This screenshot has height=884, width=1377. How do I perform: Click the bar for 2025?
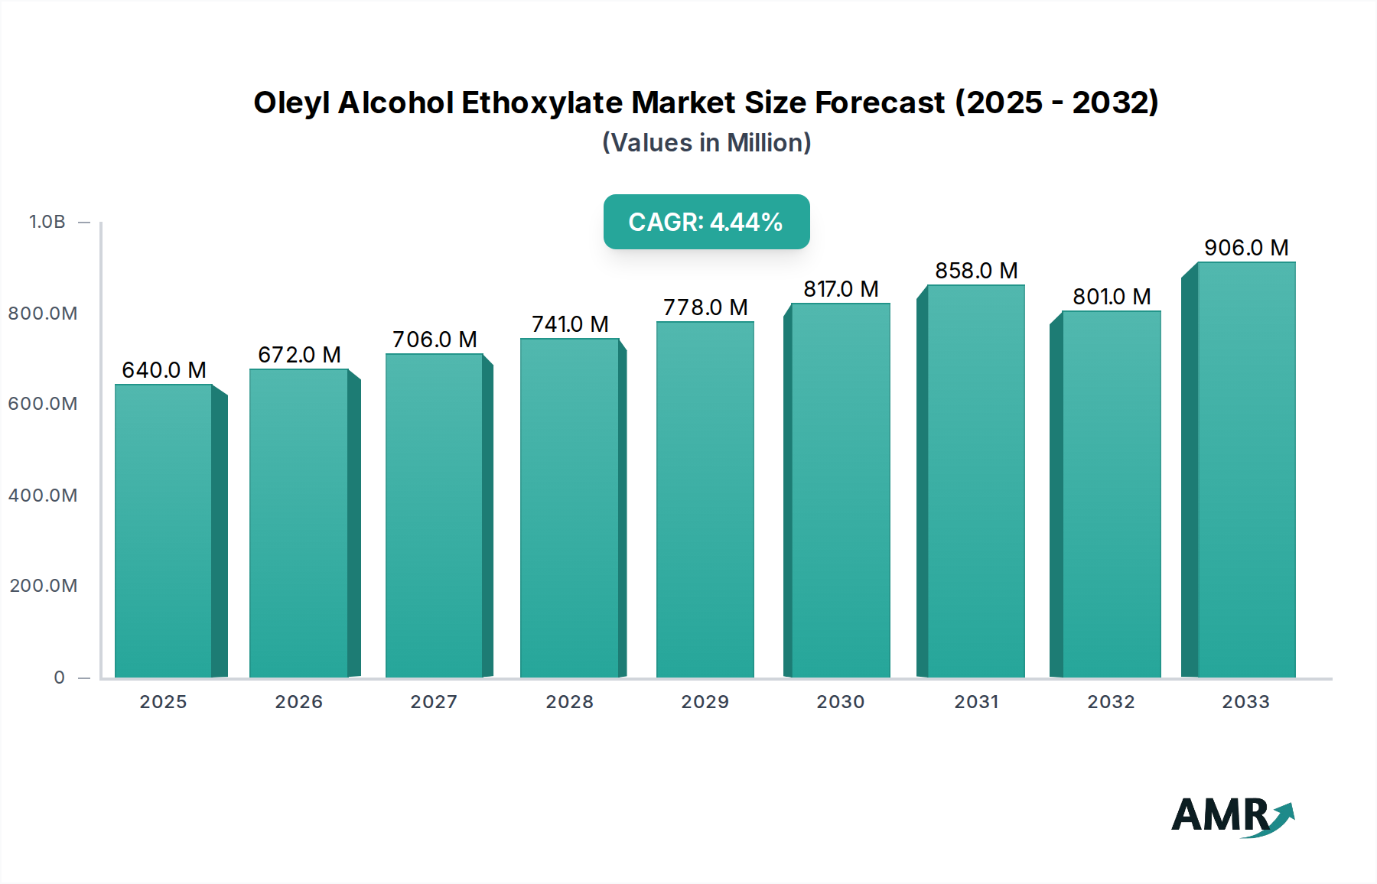coord(163,531)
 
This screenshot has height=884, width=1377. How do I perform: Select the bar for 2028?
coord(569,508)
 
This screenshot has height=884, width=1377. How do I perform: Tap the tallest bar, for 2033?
coord(1245,470)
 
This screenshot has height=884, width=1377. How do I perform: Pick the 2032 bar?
coord(1111,494)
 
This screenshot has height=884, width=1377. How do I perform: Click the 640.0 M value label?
coord(164,370)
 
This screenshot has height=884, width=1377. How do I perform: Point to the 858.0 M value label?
coord(976,271)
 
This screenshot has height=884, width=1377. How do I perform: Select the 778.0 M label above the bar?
coord(705,307)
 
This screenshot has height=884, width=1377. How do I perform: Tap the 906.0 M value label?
coord(1246,248)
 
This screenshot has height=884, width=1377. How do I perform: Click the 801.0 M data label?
coord(1112,297)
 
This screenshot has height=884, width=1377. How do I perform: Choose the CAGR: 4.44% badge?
coord(706,222)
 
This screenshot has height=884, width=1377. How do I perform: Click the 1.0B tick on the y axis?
coord(47,222)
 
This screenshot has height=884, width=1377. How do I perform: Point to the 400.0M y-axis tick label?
coord(43,496)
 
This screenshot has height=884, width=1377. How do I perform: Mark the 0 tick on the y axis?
coord(60,678)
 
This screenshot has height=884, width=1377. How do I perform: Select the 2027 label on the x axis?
coord(434,702)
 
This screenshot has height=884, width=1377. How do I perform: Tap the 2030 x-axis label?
coord(840,702)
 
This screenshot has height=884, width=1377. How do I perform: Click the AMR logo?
coord(1232,816)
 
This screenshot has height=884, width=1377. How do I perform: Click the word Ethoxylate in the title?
coord(542,102)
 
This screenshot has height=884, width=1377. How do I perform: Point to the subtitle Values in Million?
coord(706,143)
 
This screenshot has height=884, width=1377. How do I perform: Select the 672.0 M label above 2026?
coord(299,355)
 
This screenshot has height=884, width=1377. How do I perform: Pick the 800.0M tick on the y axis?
coord(43,314)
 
